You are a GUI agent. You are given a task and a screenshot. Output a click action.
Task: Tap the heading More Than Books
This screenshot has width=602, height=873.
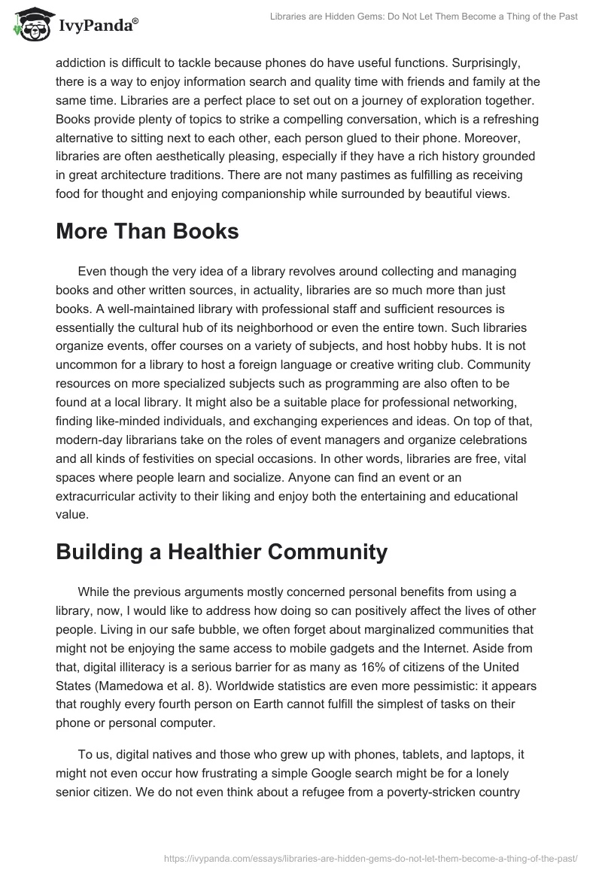147,232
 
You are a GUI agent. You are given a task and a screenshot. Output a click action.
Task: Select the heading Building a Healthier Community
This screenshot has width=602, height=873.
221,552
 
